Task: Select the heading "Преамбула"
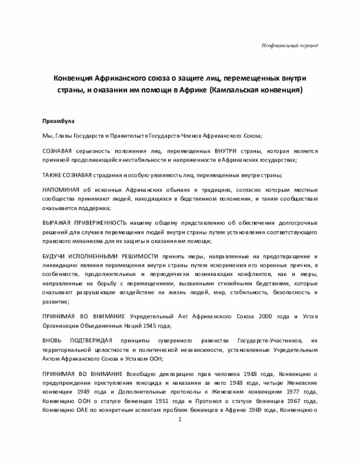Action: point(58,121)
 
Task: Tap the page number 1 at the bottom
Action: point(180,420)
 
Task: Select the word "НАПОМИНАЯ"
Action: point(61,190)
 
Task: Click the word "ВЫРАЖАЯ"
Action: point(56,223)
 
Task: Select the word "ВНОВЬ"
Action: point(53,341)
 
